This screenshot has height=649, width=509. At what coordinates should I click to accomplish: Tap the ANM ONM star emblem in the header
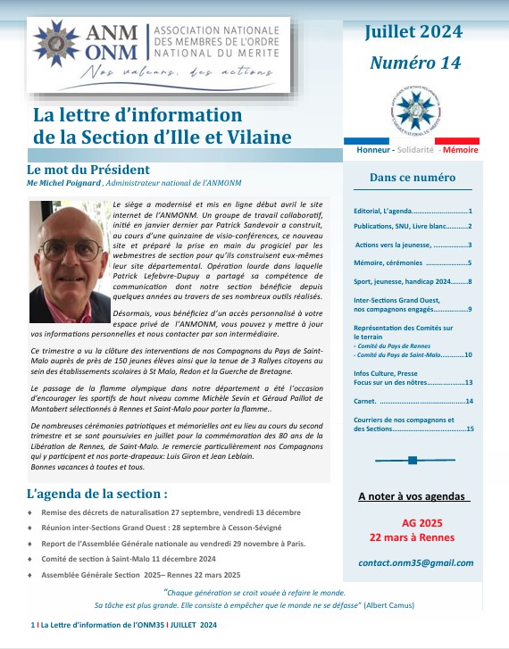pyautogui.click(x=56, y=39)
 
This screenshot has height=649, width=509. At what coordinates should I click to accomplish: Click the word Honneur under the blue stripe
pyautogui.click(x=376, y=150)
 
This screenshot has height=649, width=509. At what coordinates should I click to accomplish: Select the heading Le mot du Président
pyautogui.click(x=88, y=170)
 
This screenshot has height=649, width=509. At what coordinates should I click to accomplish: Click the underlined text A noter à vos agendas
pyautogui.click(x=413, y=495)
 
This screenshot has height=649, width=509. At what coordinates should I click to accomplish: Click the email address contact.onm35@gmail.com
pyautogui.click(x=415, y=563)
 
